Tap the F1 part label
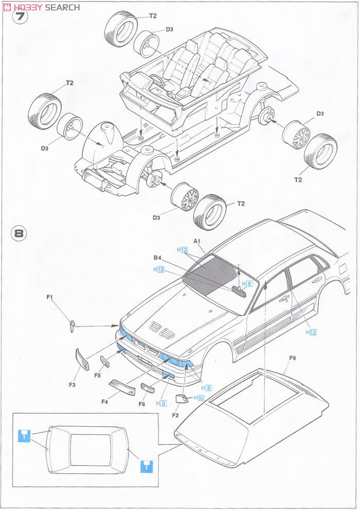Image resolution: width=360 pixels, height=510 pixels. click(x=50, y=297)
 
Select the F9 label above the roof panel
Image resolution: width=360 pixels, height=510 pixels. click(x=292, y=358)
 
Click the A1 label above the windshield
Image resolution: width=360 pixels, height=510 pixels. click(x=197, y=241)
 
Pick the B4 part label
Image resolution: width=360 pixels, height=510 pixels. click(x=158, y=258)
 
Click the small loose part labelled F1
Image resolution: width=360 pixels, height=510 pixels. click(x=73, y=324)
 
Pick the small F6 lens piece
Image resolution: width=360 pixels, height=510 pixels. click(x=147, y=388)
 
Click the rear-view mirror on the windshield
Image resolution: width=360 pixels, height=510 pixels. click(x=239, y=291)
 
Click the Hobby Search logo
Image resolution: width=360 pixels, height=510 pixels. click(x=42, y=7)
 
